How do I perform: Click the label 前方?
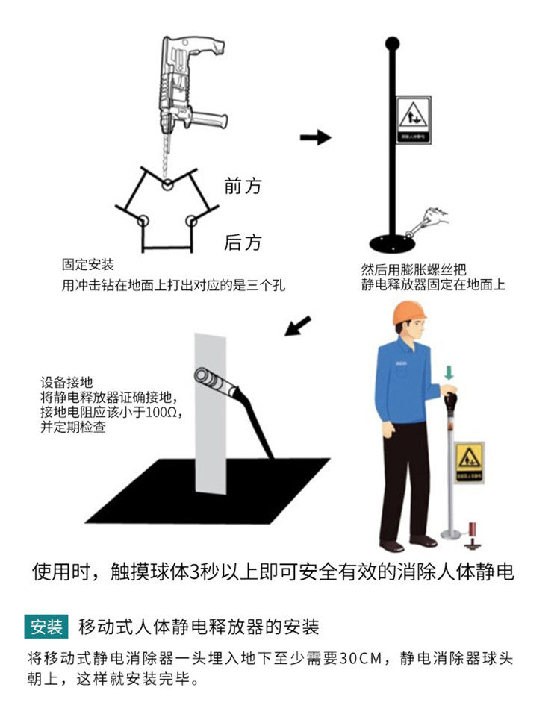tap(243, 186)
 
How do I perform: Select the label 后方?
tap(243, 242)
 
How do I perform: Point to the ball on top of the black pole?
tap(393, 43)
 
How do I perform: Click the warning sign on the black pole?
tap(412, 120)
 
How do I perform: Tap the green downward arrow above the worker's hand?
tap(448, 372)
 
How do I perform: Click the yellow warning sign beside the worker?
tap(470, 460)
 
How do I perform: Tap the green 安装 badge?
tap(46, 625)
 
